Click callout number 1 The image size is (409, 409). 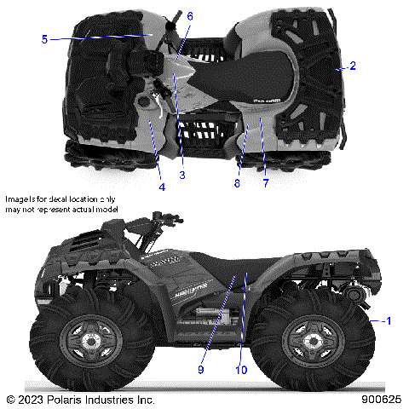click(x=389, y=321)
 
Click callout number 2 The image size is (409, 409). click(x=354, y=66)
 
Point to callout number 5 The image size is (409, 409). click(x=43, y=37)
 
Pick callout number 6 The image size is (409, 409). click(x=189, y=16)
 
